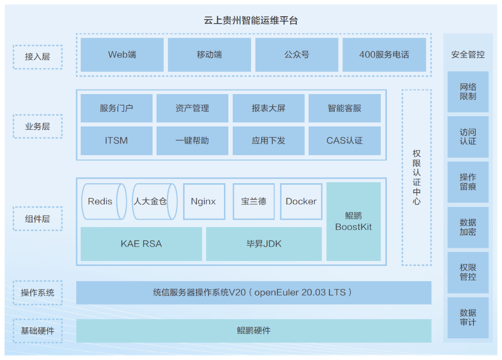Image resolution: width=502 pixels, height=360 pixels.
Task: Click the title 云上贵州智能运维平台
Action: point(251,21)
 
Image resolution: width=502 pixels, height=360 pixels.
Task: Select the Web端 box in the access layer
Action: point(122,55)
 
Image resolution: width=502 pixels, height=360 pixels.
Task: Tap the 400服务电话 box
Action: point(384,55)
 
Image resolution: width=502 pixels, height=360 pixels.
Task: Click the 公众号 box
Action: point(297,55)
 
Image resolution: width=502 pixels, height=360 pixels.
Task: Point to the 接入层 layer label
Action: point(37,57)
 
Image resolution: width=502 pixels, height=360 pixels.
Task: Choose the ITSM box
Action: point(116,140)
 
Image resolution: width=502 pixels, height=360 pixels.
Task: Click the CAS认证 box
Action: point(345,140)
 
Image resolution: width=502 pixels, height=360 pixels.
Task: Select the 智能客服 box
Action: point(345,108)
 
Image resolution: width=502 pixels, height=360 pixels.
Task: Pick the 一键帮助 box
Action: point(192,140)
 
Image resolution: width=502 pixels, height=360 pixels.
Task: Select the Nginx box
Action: point(204,201)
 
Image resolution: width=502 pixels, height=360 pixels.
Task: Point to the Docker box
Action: point(301,201)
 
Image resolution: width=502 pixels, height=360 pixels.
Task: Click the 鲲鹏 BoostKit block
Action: point(353,222)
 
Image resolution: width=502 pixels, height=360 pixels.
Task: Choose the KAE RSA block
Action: point(141,244)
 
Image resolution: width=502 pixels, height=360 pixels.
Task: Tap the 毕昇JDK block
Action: point(264,244)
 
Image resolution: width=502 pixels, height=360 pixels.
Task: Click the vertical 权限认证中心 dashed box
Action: point(416,177)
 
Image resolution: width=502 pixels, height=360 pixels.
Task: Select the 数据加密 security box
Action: point(468,227)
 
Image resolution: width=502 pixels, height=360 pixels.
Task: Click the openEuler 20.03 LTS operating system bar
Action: point(253,293)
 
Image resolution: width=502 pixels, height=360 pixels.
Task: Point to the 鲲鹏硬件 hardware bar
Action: point(253,330)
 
